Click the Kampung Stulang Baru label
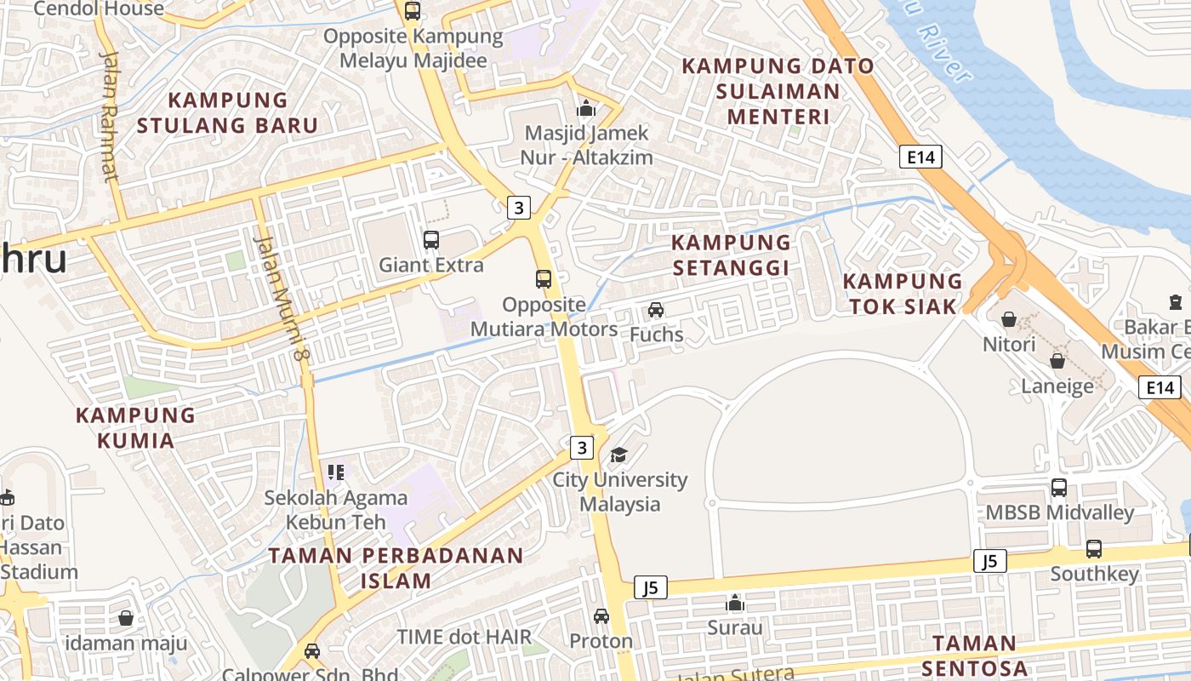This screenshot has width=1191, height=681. [x=227, y=112]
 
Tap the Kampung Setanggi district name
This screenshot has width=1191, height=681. [x=732, y=255]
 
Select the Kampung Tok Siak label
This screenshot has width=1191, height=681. [x=903, y=293]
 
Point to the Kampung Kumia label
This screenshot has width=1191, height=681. [x=136, y=427]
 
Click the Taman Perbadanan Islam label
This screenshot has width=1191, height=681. [x=396, y=568]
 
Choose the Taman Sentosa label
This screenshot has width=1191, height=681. [x=974, y=655]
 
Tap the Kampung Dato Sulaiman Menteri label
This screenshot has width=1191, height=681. [x=778, y=90]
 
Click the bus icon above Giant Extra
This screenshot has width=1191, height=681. [x=431, y=240]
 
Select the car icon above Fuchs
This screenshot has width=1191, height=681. [x=656, y=310]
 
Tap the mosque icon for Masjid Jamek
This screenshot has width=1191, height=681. [x=586, y=109]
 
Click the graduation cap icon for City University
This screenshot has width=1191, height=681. [x=618, y=455]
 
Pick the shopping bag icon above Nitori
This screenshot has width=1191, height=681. [x=1009, y=319]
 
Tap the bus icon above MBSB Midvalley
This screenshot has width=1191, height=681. [x=1059, y=488]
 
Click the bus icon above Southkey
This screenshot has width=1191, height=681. [x=1094, y=549]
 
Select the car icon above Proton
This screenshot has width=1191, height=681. [x=601, y=615]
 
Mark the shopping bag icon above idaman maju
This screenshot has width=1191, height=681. [x=126, y=617]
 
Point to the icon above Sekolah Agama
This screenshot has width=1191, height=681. [x=336, y=472]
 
